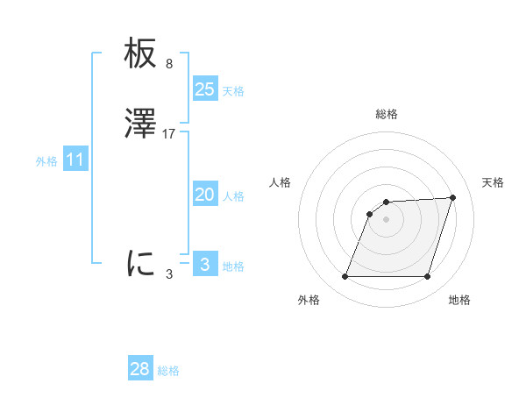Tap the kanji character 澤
tap(140, 124)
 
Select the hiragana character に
tap(140, 262)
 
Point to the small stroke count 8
tap(169, 64)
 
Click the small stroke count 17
tap(169, 133)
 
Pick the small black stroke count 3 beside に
tap(169, 273)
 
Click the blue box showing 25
tap(205, 89)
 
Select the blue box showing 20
tap(205, 195)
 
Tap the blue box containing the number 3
tap(205, 264)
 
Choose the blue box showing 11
tap(75, 160)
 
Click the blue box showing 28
tap(140, 369)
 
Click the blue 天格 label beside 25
tap(233, 90)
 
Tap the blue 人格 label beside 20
tap(233, 196)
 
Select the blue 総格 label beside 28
tap(168, 371)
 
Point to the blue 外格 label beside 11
tap(46, 161)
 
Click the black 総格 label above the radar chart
tap(387, 114)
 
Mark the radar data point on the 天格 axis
tap(452, 197)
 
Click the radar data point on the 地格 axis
tap(427, 277)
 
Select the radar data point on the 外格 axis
tap(345, 277)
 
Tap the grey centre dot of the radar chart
tap(386, 218)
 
